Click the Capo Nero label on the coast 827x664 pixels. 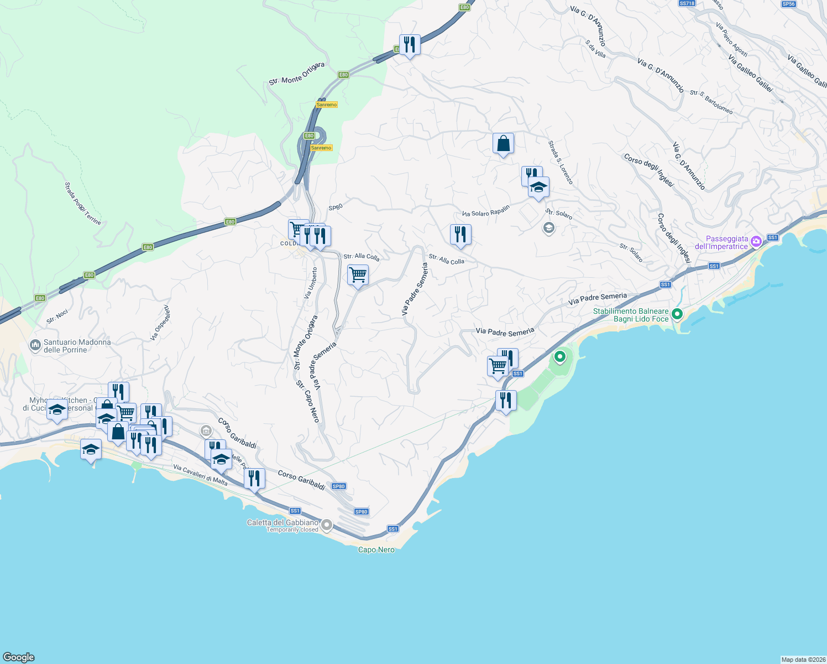tap(376, 550)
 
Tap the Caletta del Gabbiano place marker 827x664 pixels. tap(327, 525)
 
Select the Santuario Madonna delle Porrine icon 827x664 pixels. tap(35, 346)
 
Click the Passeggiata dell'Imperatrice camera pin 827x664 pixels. tap(756, 241)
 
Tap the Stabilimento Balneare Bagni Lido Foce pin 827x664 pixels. tap(677, 314)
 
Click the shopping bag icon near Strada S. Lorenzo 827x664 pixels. tap(503, 144)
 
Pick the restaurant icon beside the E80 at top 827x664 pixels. tap(410, 44)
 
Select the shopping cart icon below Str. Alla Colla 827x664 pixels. tap(358, 275)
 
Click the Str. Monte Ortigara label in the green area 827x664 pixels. tap(296, 74)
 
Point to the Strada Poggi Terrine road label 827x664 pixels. tap(83, 203)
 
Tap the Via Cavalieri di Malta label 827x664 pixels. tap(200, 475)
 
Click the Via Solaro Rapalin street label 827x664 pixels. tap(486, 211)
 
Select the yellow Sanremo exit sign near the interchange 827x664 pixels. tap(321, 148)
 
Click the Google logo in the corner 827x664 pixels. tap(19, 657)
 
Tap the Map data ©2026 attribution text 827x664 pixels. tap(803, 660)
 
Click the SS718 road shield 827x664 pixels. tap(687, 3)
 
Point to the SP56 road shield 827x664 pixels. tap(788, 4)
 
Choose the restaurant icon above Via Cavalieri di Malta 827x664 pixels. tap(254, 479)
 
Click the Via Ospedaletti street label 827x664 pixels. tap(160, 323)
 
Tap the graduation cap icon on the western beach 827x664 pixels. tap(91, 449)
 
